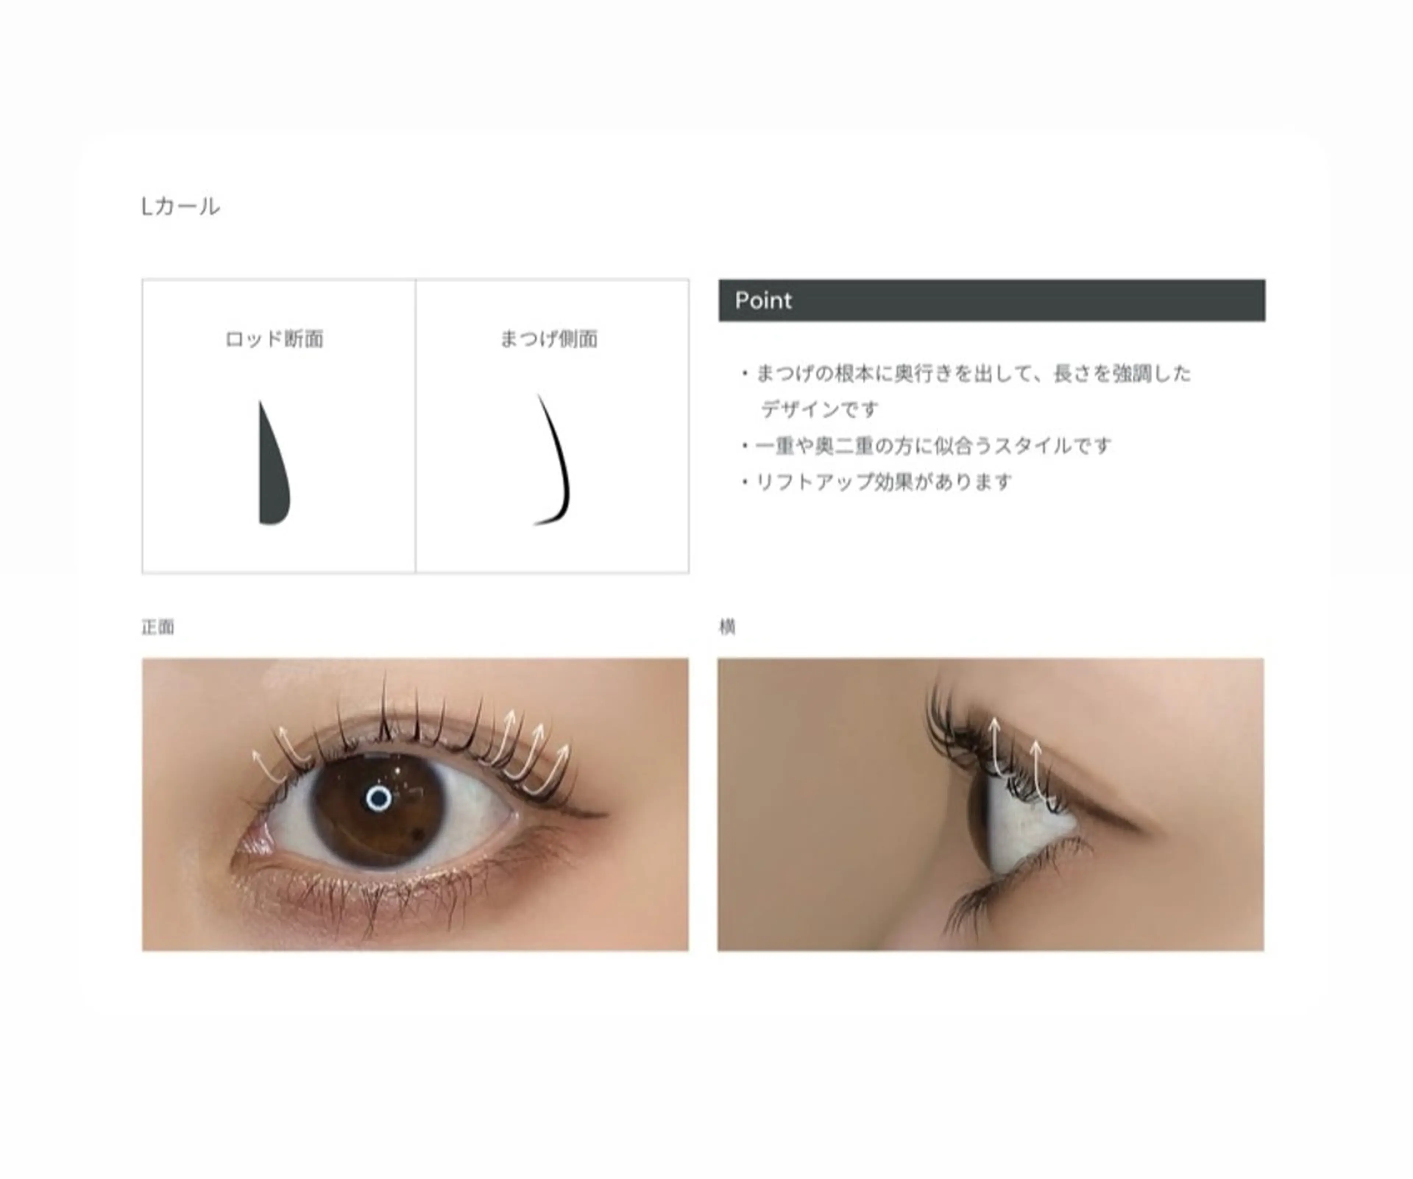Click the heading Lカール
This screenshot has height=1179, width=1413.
click(180, 206)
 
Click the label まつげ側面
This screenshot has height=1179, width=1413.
click(548, 339)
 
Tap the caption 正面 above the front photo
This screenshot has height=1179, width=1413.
click(157, 627)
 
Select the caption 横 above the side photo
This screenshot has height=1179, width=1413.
click(727, 627)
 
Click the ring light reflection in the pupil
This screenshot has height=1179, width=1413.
click(379, 798)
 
